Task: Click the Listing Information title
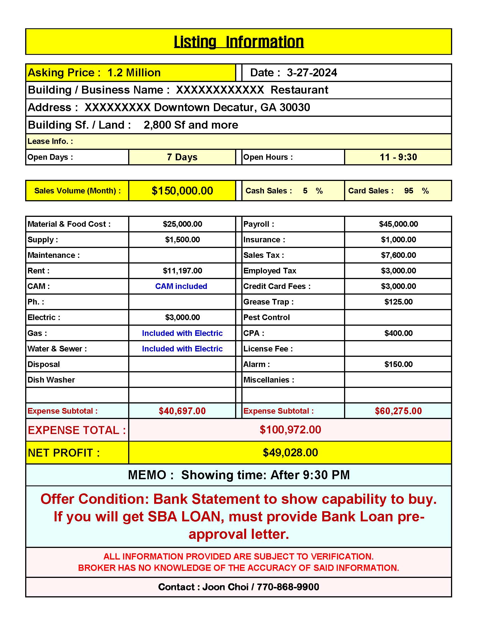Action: click(239, 42)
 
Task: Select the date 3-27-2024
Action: click(312, 73)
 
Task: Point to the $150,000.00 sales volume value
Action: click(182, 191)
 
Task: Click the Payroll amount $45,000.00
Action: click(398, 224)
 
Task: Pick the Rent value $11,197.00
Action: click(182, 271)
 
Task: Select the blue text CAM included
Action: click(181, 286)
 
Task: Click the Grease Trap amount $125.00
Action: click(398, 302)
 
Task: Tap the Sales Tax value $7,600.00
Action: click(398, 255)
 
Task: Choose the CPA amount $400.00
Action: click(398, 333)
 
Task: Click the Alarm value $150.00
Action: click(398, 364)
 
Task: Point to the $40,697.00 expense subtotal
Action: click(182, 411)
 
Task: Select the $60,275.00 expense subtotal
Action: click(398, 411)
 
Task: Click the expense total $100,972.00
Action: click(290, 430)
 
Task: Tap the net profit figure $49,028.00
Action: click(290, 453)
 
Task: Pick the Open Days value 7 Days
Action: click(182, 157)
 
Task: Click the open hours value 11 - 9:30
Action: click(398, 157)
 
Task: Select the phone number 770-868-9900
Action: click(288, 587)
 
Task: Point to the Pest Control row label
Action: click(267, 318)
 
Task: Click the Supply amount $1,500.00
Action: click(182, 240)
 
